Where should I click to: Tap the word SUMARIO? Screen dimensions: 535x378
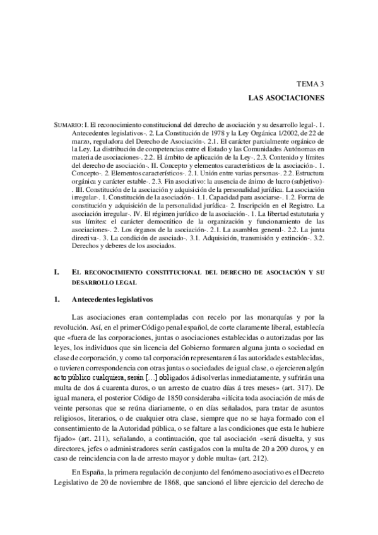point(69,127)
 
